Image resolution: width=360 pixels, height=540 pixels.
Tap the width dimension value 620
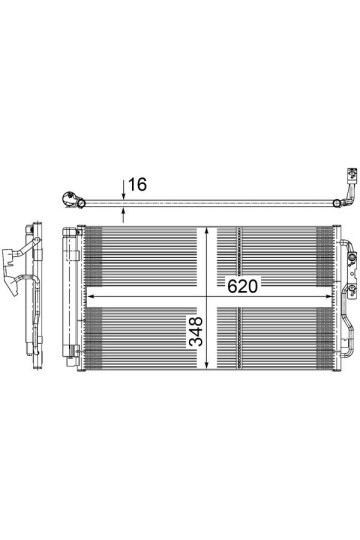pyautogui.click(x=243, y=285)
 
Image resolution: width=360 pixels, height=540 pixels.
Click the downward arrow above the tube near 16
pyautogui.click(x=123, y=189)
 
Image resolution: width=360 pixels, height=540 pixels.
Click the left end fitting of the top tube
pyautogui.click(x=72, y=197)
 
